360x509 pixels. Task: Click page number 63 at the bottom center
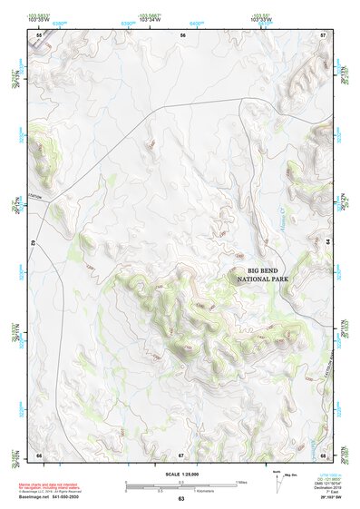click(x=180, y=499)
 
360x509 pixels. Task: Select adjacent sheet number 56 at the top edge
click(x=183, y=34)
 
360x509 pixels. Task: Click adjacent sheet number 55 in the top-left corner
click(x=39, y=34)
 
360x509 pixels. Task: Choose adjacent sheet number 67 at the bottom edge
click(x=181, y=455)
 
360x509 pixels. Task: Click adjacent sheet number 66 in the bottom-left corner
click(x=39, y=455)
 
